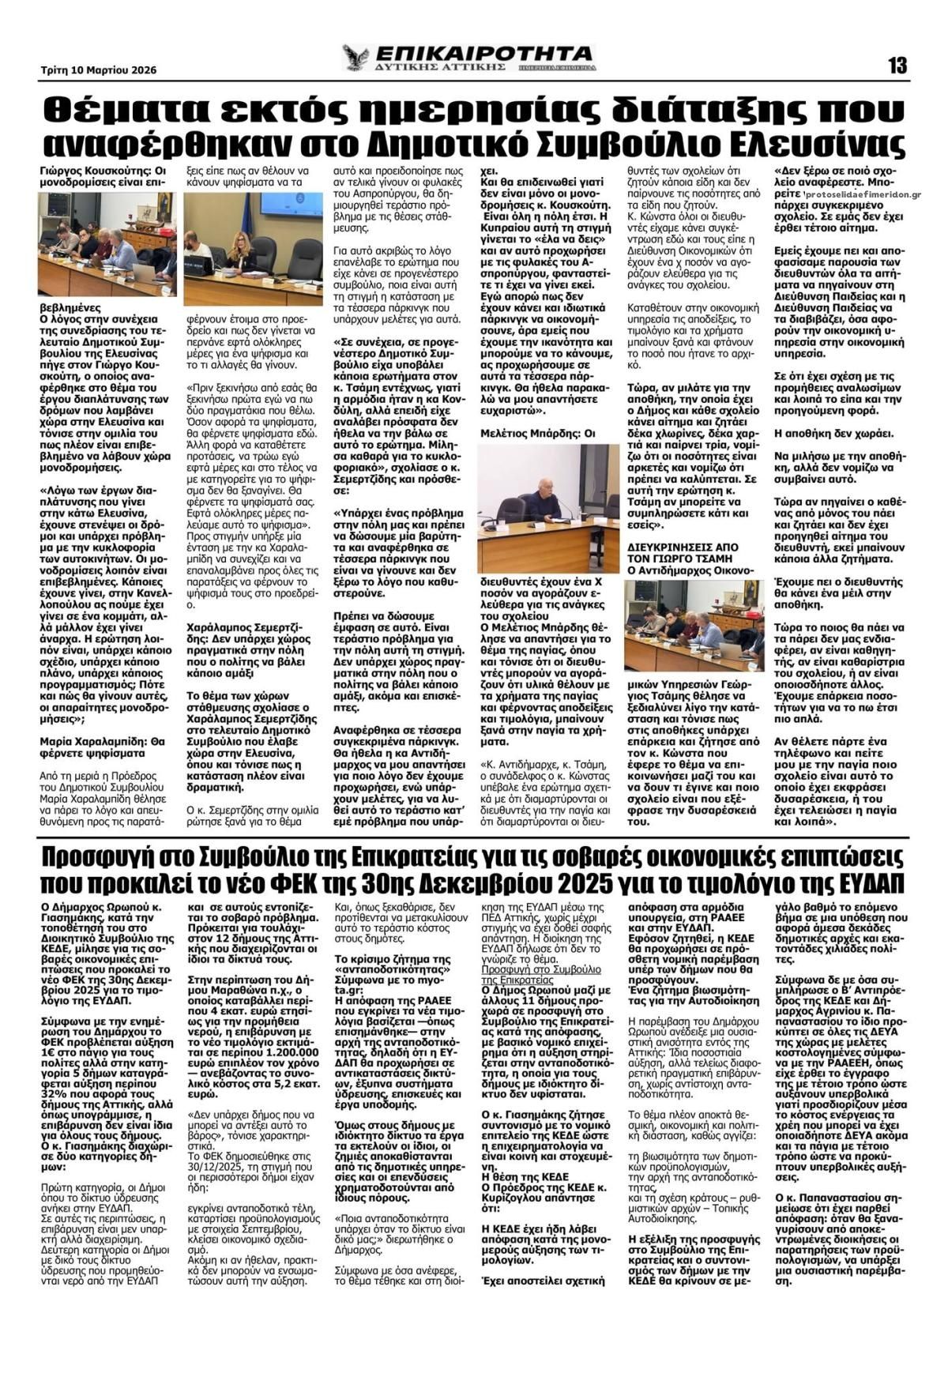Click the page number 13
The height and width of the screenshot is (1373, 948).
pos(897,66)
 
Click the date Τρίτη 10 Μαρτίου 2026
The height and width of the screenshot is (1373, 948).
pos(99,70)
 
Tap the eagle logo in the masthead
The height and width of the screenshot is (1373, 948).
pos(355,58)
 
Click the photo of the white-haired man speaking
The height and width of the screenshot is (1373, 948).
pos(547,498)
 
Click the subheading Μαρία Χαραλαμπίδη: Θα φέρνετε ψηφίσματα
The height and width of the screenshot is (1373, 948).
pos(102,747)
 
